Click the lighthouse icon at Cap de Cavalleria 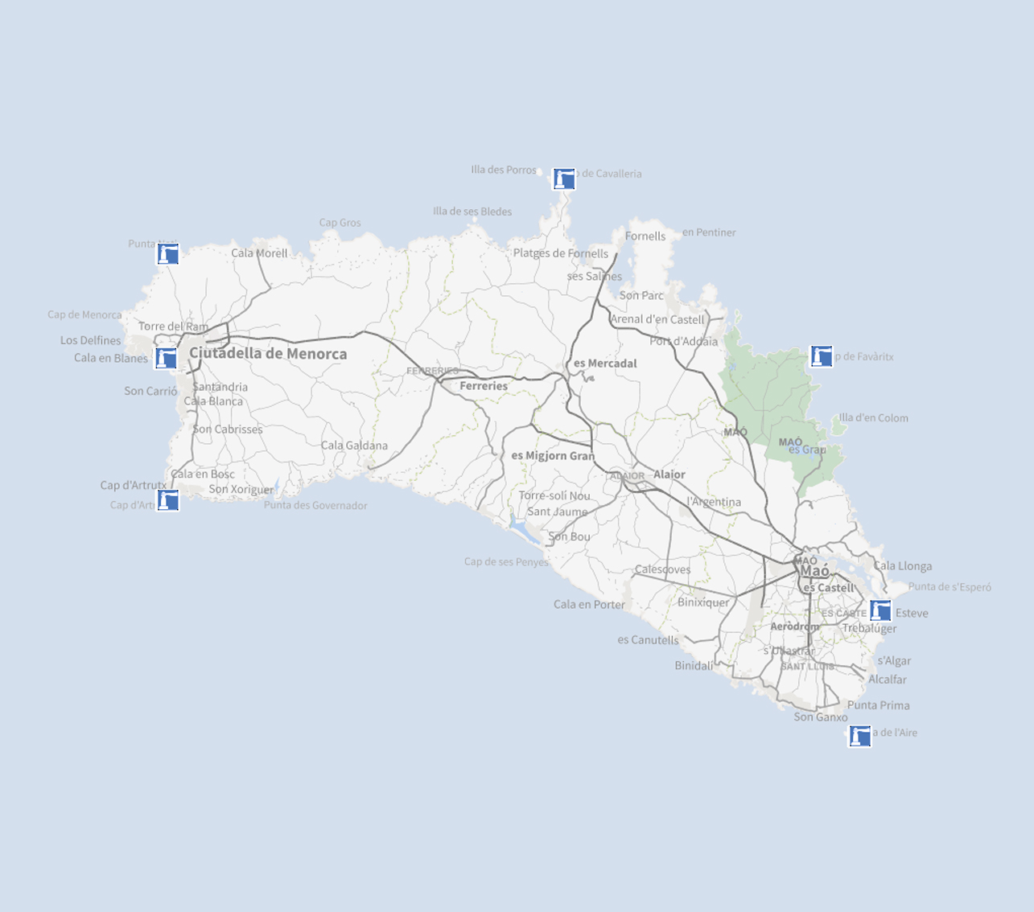pyautogui.click(x=564, y=179)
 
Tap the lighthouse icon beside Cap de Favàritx pyautogui.click(x=821, y=355)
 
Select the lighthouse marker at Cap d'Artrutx pyautogui.click(x=167, y=500)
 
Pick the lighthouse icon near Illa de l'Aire pyautogui.click(x=859, y=736)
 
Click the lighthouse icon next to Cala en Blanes pyautogui.click(x=166, y=358)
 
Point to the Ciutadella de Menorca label pyautogui.click(x=268, y=354)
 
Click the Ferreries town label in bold pyautogui.click(x=484, y=386)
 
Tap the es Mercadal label pyautogui.click(x=605, y=364)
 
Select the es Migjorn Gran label pyautogui.click(x=553, y=456)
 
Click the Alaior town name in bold pyautogui.click(x=669, y=474)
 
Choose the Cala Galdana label pyautogui.click(x=354, y=446)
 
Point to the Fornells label pyautogui.click(x=645, y=236)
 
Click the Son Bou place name pyautogui.click(x=569, y=536)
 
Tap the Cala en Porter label pyautogui.click(x=589, y=605)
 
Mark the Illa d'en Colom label pyautogui.click(x=873, y=418)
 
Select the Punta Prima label pyautogui.click(x=878, y=705)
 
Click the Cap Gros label pyautogui.click(x=340, y=223)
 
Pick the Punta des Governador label pyautogui.click(x=315, y=506)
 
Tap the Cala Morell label pyautogui.click(x=259, y=253)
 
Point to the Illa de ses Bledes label pyautogui.click(x=472, y=212)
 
